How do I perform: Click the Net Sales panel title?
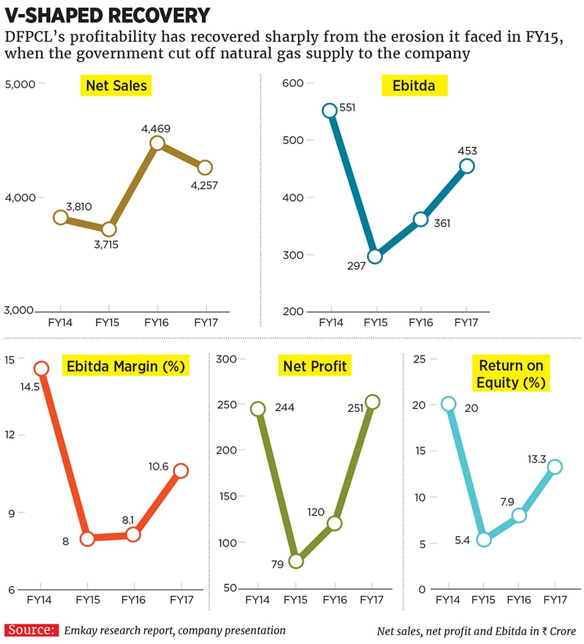click(x=116, y=85)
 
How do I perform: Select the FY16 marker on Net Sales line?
click(x=157, y=143)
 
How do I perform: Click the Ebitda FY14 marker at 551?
click(x=329, y=110)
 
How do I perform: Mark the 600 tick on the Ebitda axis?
click(x=293, y=83)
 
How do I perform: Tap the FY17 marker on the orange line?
click(x=180, y=471)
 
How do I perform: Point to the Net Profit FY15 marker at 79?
click(x=295, y=561)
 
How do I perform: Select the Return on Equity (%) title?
click(x=510, y=374)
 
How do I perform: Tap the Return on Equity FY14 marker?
click(x=448, y=404)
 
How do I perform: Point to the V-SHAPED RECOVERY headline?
click(x=108, y=15)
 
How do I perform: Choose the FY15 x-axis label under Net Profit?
click(x=295, y=600)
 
